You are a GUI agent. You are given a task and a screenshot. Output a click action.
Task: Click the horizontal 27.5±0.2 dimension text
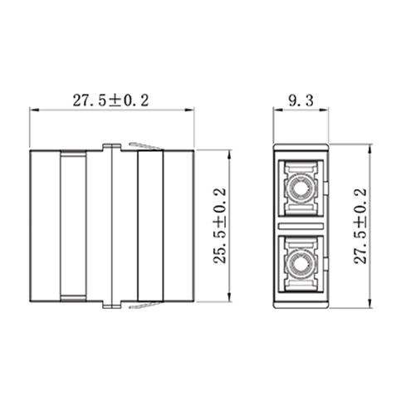(x=110, y=100)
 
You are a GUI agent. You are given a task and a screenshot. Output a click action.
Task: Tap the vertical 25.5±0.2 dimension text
(x=219, y=226)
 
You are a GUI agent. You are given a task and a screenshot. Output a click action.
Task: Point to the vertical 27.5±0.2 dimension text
(x=359, y=226)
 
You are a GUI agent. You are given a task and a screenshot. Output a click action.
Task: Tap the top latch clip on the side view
(x=146, y=147)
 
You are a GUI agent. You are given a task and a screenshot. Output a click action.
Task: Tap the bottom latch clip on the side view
(x=146, y=306)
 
